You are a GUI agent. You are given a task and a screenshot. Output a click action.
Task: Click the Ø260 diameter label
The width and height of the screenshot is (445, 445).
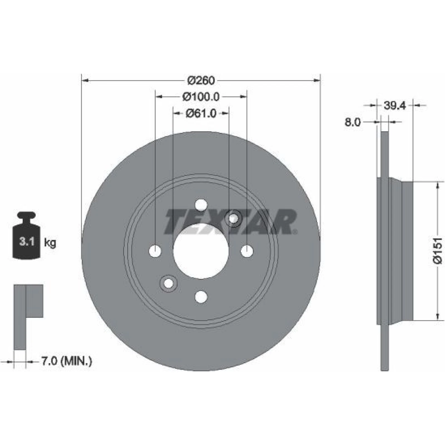point(201,81)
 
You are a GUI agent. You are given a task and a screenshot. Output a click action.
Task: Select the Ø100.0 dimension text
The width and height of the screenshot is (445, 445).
point(201,97)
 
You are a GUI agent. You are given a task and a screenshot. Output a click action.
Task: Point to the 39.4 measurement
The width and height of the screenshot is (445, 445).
point(395,105)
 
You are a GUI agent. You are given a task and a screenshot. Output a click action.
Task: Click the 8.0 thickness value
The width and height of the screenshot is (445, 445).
point(353,122)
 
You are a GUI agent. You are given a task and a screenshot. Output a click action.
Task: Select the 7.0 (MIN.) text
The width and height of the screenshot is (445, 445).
point(66,361)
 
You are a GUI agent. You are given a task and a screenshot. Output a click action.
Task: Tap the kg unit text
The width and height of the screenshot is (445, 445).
point(50,243)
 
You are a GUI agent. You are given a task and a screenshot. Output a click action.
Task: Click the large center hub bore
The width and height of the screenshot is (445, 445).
point(201,251)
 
